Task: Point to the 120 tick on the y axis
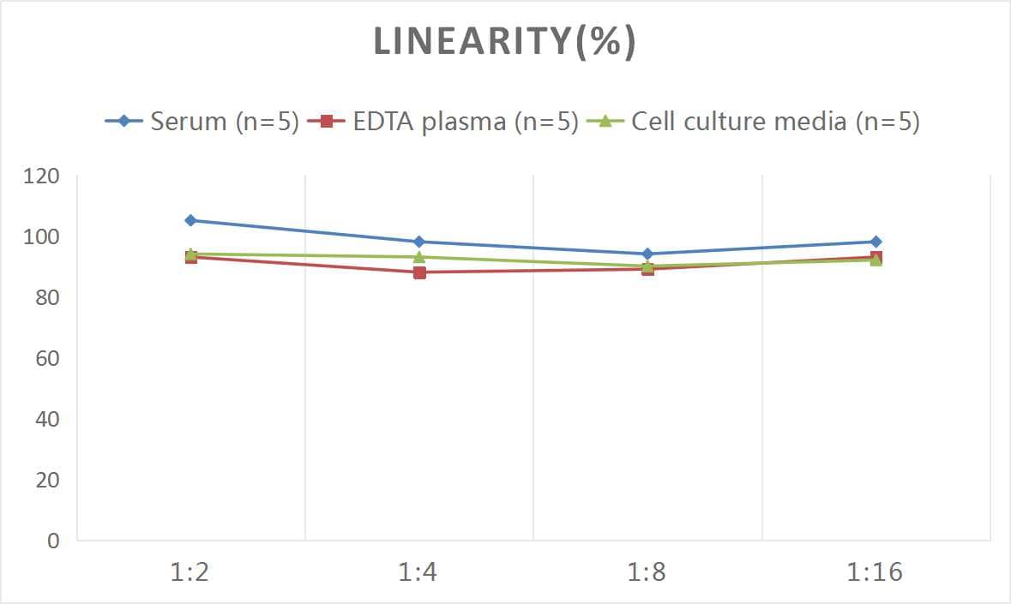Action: (42, 176)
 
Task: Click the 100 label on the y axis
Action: (42, 237)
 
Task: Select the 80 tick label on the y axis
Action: (47, 297)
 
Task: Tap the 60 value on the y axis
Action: (47, 358)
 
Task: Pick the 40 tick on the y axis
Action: (47, 419)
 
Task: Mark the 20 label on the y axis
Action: (47, 480)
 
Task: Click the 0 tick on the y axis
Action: (53, 541)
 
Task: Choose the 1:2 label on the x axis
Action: (190, 572)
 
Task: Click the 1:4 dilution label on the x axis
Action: (418, 572)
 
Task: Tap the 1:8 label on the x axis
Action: (647, 572)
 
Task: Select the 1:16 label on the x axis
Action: (876, 572)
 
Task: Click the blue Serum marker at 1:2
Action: (190, 220)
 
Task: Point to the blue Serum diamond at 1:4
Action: (419, 242)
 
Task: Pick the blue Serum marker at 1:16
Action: (876, 242)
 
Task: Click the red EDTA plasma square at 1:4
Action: (419, 272)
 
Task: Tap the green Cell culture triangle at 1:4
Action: (419, 257)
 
